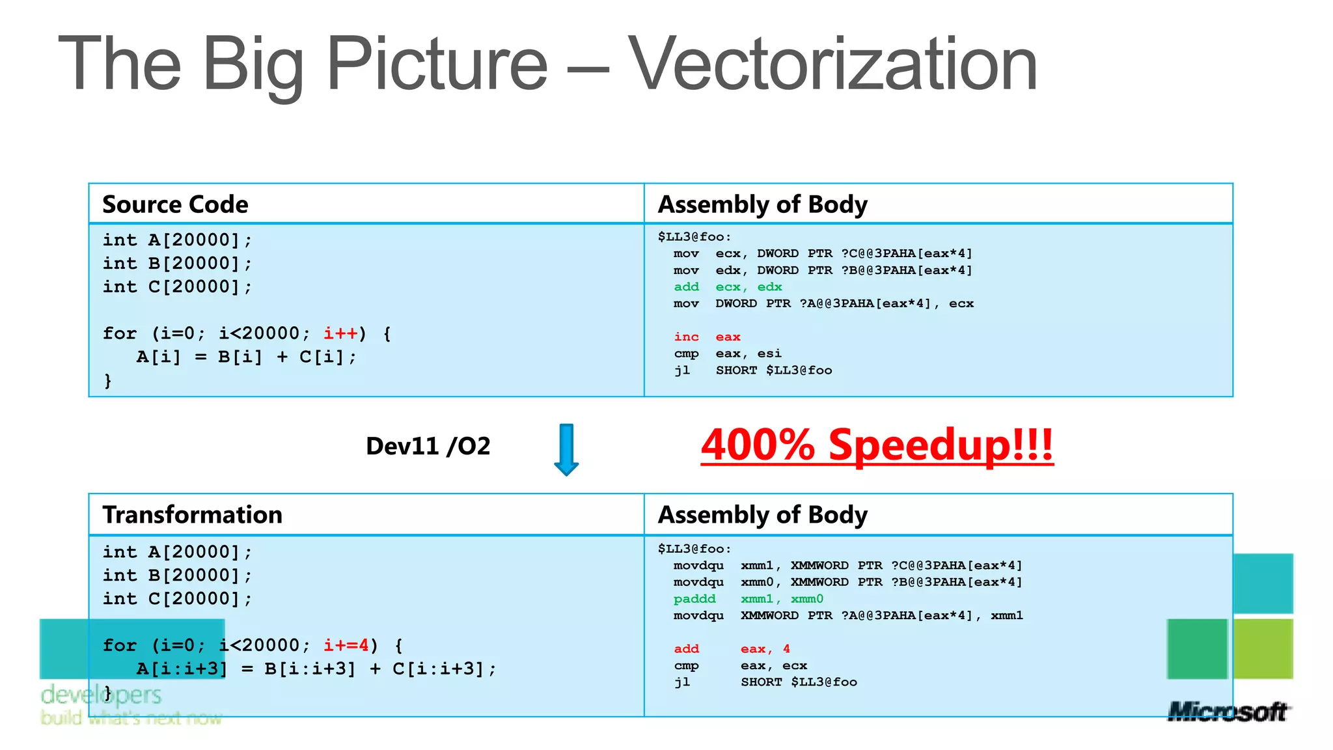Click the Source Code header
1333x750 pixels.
[x=175, y=204]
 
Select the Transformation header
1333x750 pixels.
[x=192, y=515]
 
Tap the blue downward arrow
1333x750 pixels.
[x=566, y=449]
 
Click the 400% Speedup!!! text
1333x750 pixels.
[x=877, y=445]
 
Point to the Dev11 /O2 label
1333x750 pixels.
[x=428, y=447]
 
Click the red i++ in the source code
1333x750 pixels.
[x=340, y=333]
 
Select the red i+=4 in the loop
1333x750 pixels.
[x=346, y=645]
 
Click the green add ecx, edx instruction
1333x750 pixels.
[x=727, y=287]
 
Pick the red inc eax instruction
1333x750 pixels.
[x=707, y=337]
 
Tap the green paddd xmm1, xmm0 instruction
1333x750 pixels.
[x=748, y=599]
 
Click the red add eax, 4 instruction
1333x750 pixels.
[x=732, y=649]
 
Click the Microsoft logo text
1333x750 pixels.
[x=1228, y=712]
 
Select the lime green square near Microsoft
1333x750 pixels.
[x=1263, y=648]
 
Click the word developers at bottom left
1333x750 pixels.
[x=101, y=695]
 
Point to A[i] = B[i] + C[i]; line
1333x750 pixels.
[x=246, y=357]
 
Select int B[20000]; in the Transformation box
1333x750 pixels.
[x=177, y=576]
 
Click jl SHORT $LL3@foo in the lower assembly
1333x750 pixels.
[x=765, y=682]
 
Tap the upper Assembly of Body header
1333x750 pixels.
[x=762, y=204]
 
